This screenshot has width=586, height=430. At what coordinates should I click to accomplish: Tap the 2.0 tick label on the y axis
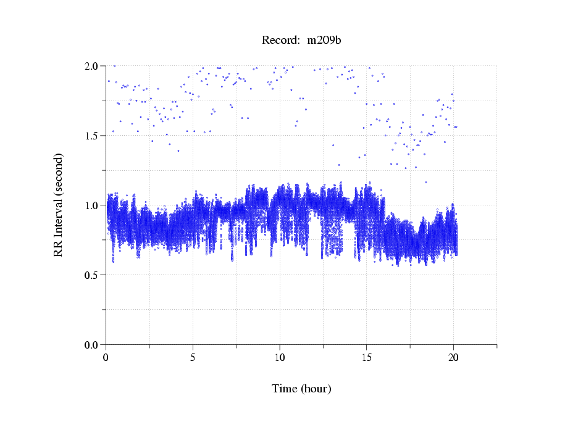[x=94, y=66]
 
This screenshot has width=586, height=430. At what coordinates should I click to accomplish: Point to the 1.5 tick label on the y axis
[x=94, y=136]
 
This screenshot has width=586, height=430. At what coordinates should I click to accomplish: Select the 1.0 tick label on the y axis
[x=94, y=205]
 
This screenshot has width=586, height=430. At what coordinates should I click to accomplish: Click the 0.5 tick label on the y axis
[x=94, y=275]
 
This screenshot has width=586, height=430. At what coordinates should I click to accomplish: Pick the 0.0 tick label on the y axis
[x=94, y=345]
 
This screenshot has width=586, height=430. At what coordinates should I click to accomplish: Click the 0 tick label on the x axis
[x=106, y=357]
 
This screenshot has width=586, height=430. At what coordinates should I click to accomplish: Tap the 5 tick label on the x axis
[x=193, y=357]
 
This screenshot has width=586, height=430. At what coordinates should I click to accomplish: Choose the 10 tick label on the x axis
[x=280, y=357]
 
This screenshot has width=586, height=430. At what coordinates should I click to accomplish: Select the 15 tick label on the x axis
[x=367, y=357]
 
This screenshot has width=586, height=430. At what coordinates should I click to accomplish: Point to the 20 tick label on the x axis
[x=453, y=357]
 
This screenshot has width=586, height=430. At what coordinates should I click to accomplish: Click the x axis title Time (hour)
[x=301, y=389]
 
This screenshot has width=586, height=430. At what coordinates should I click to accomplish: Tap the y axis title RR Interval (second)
[x=59, y=205]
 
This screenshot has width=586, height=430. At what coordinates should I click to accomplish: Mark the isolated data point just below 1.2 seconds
[x=425, y=182]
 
